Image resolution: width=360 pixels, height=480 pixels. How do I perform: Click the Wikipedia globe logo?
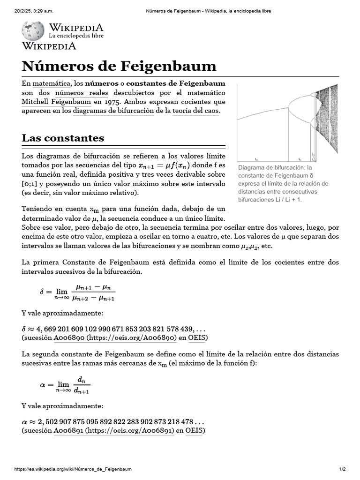click(33, 30)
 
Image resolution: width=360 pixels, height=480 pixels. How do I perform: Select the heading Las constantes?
click(63, 138)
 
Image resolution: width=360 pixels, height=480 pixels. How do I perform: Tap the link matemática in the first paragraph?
click(54, 83)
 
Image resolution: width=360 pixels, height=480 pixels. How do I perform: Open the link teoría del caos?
click(195, 111)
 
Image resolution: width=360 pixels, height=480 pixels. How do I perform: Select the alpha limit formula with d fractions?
click(65, 385)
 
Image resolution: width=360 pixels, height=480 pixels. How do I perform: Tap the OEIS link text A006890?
click(68, 337)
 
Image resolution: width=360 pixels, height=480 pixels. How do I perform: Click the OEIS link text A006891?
click(68, 430)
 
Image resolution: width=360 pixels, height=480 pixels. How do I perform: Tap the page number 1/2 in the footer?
click(342, 469)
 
